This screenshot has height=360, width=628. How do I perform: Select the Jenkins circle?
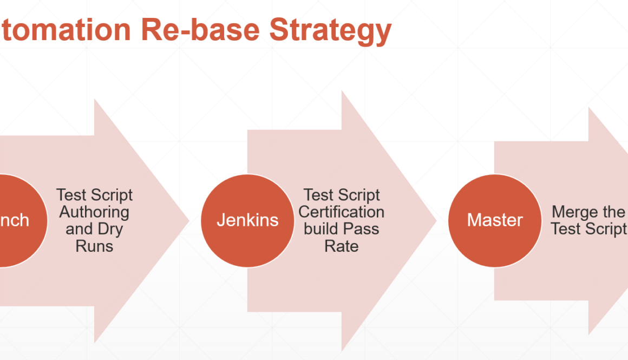pyautogui.click(x=247, y=220)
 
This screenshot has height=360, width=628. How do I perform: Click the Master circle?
pyautogui.click(x=495, y=220)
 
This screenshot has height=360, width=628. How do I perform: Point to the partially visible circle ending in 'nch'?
pyautogui.click(x=16, y=220)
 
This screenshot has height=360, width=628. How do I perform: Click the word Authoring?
pyautogui.click(x=94, y=212)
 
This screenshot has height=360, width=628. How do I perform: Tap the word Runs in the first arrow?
pyautogui.click(x=94, y=246)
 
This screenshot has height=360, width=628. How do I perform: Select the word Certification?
pyautogui.click(x=342, y=212)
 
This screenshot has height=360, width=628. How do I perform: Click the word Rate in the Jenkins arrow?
pyautogui.click(x=342, y=246)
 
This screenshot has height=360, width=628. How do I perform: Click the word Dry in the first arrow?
pyautogui.click(x=109, y=229)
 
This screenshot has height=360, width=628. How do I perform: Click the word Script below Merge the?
pyautogui.click(x=606, y=229)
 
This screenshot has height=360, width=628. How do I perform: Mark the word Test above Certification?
pyautogui.click(x=319, y=195)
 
